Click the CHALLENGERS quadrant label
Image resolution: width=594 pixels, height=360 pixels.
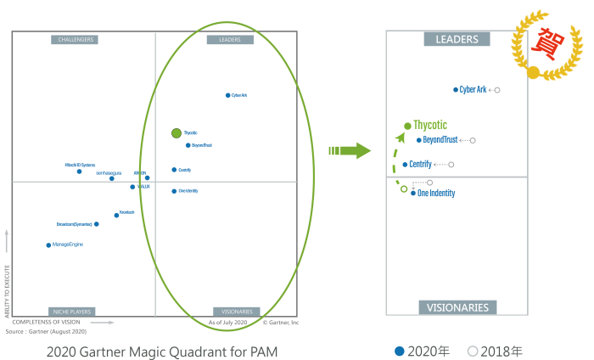click(75, 39)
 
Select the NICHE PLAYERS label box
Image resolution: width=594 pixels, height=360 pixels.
click(71, 312)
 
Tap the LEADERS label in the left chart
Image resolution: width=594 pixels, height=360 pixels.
click(230, 39)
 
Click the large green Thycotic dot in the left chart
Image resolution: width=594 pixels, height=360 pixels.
click(177, 132)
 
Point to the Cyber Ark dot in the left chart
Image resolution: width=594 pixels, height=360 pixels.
click(227, 95)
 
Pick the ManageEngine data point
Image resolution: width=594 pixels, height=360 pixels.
click(48, 245)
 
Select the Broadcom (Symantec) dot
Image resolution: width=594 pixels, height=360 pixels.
click(96, 224)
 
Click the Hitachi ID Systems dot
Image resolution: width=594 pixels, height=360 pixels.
click(79, 172)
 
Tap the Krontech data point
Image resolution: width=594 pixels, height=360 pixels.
click(116, 215)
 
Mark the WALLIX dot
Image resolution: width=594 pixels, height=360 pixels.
click(132, 187)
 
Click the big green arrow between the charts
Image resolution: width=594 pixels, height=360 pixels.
click(350, 151)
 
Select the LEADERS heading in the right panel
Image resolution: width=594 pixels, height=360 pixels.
click(457, 39)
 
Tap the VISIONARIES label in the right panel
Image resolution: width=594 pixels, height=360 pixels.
click(457, 307)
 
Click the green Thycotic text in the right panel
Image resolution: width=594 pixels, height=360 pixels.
click(430, 125)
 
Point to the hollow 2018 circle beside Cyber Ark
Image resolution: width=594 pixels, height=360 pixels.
click(497, 89)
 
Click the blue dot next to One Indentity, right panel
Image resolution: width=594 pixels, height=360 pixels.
click(413, 194)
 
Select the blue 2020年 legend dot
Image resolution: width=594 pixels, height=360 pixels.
click(400, 351)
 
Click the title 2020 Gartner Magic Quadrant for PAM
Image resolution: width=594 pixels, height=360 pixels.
click(162, 351)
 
